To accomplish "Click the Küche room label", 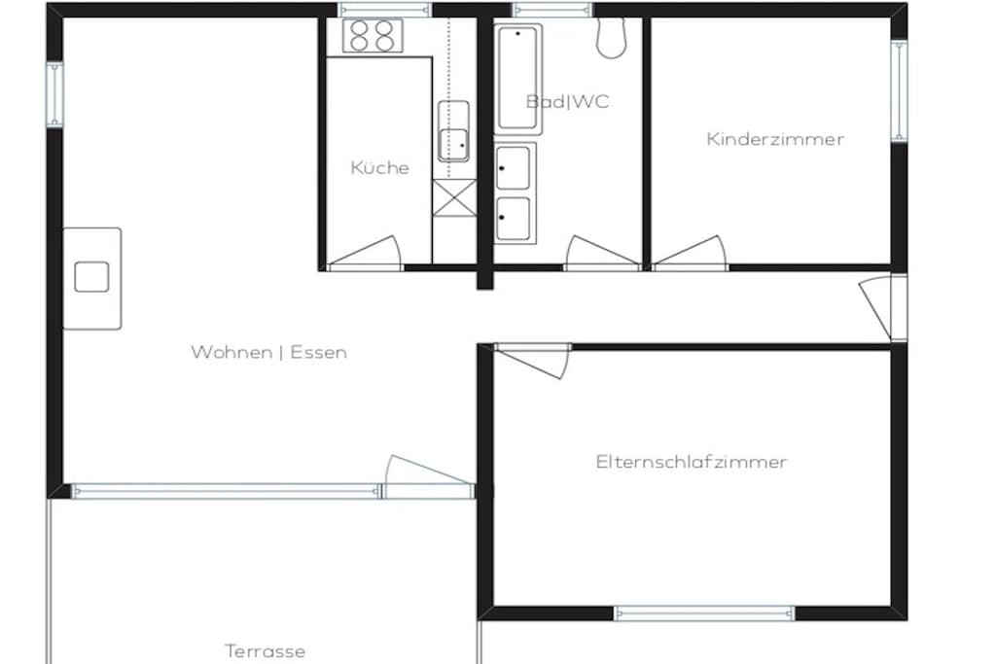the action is coord(379,167).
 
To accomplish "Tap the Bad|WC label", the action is coord(567,101).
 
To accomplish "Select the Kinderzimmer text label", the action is coord(775,139).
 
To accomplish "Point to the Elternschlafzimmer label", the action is coord(692,462).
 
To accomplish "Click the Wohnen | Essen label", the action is coord(268,352).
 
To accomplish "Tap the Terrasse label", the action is coord(265,651).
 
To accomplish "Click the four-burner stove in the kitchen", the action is coord(373,36).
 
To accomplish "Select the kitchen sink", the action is coord(453,131).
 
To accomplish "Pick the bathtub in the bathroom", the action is coord(517,79).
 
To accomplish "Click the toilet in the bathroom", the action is coord(611,38).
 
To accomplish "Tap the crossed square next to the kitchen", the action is coord(454,198).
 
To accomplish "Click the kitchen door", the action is coord(365,254).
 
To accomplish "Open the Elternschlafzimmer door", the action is coord(532,361).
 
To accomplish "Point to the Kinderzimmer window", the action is coord(899,90).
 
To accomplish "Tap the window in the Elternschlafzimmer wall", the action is coord(704,613).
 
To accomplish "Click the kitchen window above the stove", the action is coord(384,10).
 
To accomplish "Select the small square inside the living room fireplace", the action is coord(91,277).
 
